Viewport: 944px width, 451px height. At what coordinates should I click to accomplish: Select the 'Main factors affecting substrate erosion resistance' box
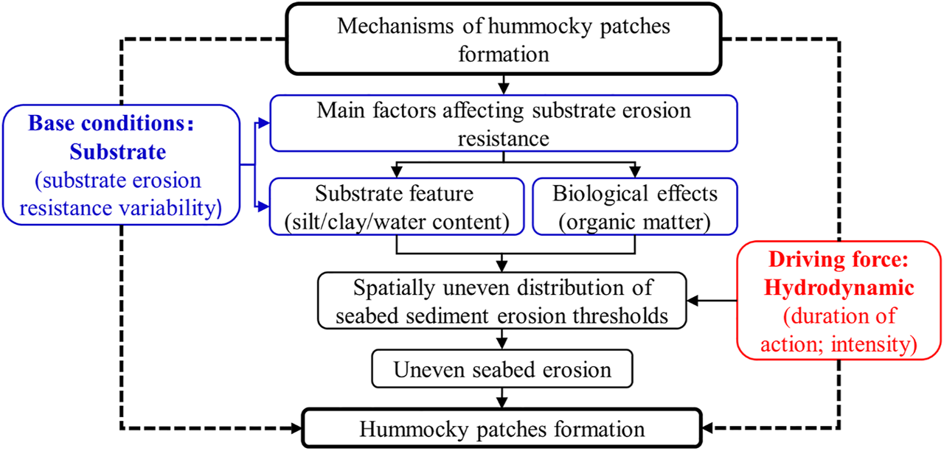[504, 122]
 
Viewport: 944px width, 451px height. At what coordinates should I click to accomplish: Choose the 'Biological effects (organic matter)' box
[635, 207]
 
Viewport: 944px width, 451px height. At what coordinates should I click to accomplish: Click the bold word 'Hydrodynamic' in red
[839, 289]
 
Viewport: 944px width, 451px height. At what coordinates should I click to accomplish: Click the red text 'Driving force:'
[839, 261]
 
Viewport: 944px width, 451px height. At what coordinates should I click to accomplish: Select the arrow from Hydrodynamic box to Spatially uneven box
[712, 301]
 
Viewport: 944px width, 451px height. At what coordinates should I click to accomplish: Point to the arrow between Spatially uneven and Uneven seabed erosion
[503, 338]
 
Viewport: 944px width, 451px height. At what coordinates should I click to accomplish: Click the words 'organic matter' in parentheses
[635, 220]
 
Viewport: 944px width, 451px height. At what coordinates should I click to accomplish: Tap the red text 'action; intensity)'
[839, 344]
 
